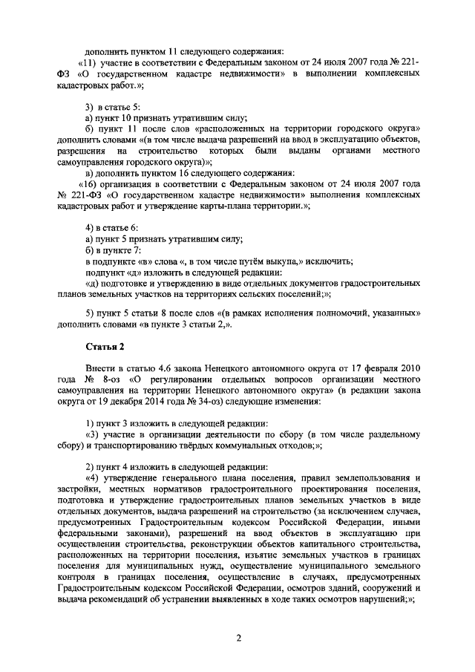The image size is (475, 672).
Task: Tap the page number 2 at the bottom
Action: pyautogui.click(x=239, y=637)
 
